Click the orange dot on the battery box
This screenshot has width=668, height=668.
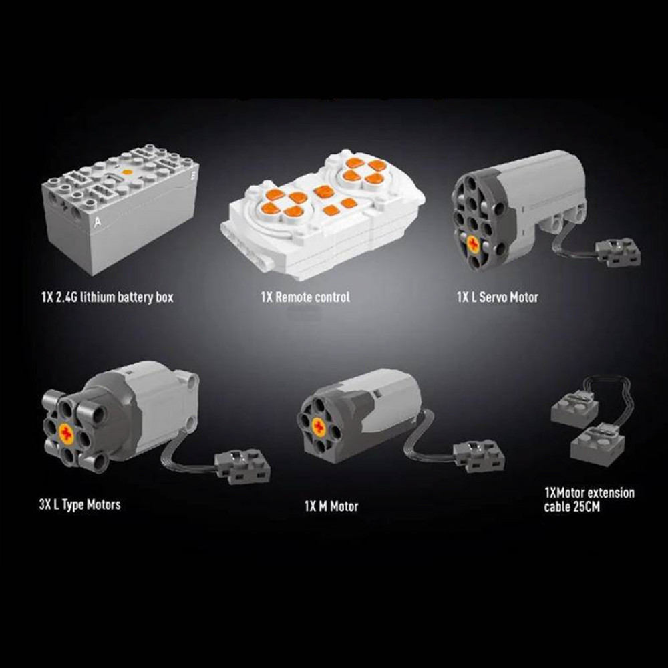pyautogui.click(x=126, y=172)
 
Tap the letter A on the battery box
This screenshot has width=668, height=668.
pyautogui.click(x=98, y=222)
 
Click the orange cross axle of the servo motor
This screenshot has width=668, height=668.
pyautogui.click(x=473, y=244)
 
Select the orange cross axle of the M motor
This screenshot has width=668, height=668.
pyautogui.click(x=319, y=427)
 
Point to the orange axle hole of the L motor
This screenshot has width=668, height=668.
pyautogui.click(x=66, y=434)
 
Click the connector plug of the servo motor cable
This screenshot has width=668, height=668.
pyautogui.click(x=618, y=253)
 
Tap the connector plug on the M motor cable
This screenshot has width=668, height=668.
pyautogui.click(x=479, y=456)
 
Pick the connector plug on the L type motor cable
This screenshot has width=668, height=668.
pyautogui.click(x=242, y=466)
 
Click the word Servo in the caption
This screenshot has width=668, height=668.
pyautogui.click(x=494, y=297)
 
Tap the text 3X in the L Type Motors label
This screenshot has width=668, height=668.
pyautogui.click(x=45, y=505)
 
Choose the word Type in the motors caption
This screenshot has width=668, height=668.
pyautogui.click(x=73, y=505)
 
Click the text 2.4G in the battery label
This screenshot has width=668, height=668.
pyautogui.click(x=67, y=297)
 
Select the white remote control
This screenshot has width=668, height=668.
pyautogui.click(x=323, y=214)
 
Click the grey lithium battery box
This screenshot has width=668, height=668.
pyautogui.click(x=120, y=208)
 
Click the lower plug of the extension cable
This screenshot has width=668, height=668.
pyautogui.click(x=598, y=443)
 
